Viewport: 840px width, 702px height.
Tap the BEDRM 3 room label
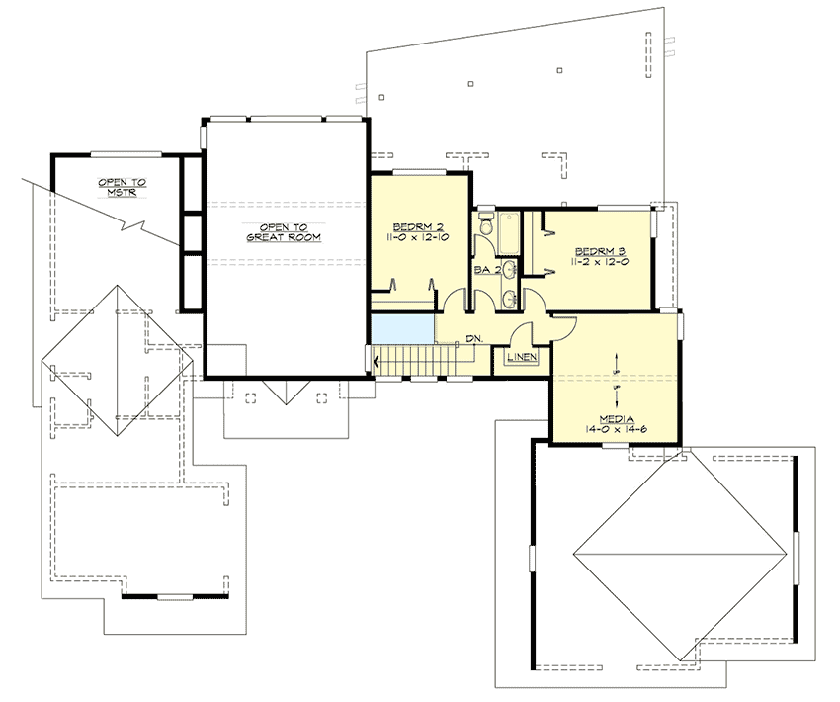click(599, 250)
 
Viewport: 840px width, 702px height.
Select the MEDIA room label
click(616, 418)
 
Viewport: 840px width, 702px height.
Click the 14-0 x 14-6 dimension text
click(616, 430)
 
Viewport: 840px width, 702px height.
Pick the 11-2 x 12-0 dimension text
click(599, 263)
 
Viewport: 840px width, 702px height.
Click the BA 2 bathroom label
click(484, 268)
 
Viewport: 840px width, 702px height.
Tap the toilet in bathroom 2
click(484, 227)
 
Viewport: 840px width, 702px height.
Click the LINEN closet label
click(522, 356)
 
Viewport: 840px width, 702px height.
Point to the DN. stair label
click(474, 339)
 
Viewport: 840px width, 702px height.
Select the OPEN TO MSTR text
click(122, 187)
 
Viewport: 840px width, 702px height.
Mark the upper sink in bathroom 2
click(508, 270)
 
